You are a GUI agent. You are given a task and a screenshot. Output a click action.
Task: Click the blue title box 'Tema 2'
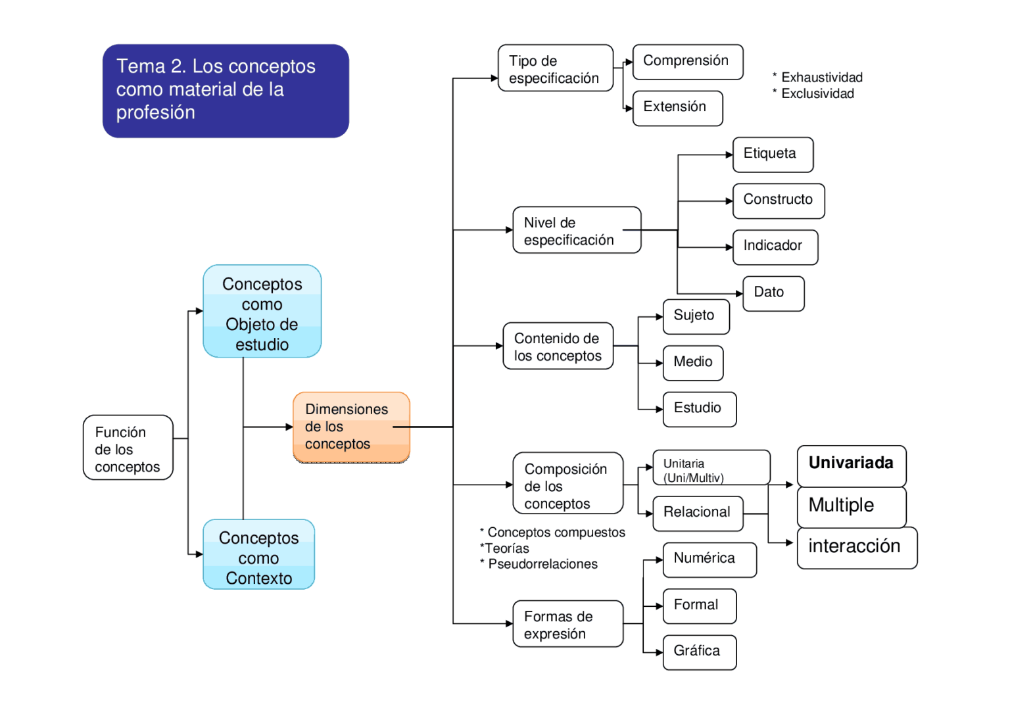226,91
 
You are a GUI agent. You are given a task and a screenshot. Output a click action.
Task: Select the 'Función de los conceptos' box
128,448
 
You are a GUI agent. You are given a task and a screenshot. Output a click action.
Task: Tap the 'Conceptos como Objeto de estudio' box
262,312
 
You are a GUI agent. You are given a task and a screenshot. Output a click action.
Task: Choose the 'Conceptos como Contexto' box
258,555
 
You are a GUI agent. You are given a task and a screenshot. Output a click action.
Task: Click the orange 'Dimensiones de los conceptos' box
351,427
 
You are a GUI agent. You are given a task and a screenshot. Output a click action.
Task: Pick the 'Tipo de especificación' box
556,68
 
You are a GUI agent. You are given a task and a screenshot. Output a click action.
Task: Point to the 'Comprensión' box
687,62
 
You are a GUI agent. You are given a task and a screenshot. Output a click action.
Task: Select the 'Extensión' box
677,108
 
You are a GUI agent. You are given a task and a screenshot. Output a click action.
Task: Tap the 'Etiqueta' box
773,155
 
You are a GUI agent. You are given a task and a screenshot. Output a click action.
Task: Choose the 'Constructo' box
779,201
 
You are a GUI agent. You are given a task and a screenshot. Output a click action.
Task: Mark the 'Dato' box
773,293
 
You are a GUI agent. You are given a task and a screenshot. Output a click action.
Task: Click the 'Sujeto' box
696,316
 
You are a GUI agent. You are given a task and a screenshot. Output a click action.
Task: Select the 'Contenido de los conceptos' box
558,346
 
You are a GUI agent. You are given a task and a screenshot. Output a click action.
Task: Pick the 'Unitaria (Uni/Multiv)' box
711,468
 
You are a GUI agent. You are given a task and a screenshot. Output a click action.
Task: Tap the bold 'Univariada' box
852,465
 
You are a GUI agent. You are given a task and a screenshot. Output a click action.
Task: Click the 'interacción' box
856,548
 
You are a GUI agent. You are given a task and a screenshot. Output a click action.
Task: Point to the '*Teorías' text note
504,548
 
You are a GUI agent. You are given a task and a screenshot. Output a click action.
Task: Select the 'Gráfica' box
699,652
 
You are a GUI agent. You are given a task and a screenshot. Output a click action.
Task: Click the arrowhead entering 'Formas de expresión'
509,624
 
